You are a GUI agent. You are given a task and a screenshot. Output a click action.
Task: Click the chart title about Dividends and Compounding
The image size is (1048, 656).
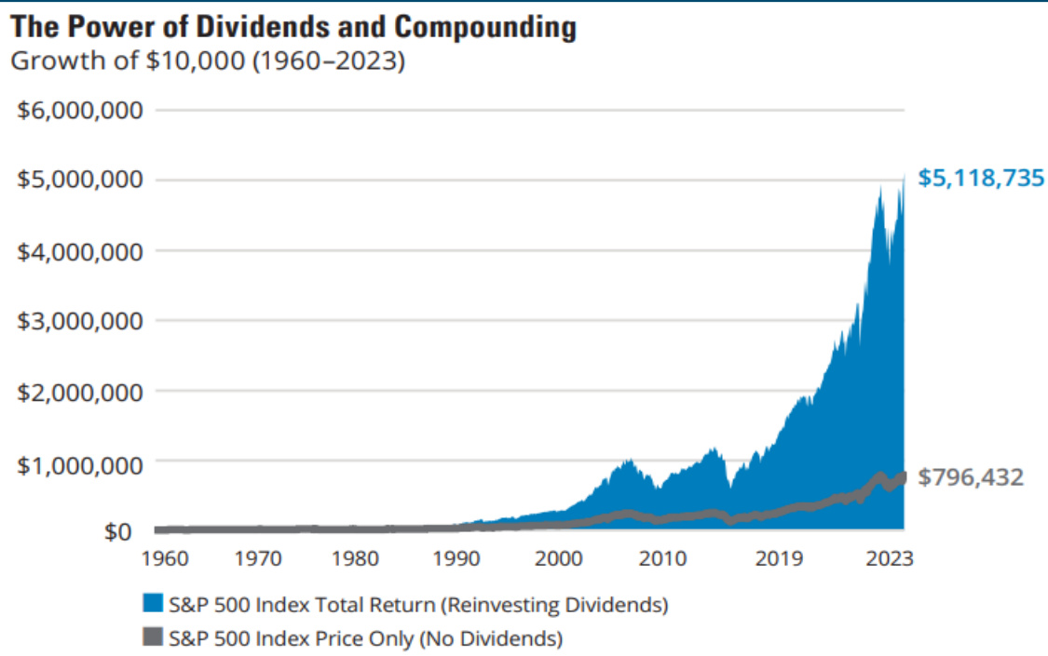(293, 27)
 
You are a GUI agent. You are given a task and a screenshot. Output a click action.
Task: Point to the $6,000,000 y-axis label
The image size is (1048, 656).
(80, 110)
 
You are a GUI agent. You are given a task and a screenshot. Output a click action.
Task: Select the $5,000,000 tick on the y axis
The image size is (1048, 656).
(80, 180)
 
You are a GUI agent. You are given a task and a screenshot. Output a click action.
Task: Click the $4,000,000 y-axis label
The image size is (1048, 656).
(80, 250)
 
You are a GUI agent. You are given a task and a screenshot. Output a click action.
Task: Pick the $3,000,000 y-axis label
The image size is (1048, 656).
(80, 321)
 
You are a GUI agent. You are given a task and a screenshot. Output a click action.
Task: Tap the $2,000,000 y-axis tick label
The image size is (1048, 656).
(80, 392)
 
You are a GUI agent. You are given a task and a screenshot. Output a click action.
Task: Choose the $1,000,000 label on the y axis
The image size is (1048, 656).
(80, 462)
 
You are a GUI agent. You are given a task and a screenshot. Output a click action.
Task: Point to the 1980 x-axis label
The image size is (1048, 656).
(354, 560)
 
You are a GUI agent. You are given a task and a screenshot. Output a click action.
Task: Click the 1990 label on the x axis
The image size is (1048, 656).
(456, 560)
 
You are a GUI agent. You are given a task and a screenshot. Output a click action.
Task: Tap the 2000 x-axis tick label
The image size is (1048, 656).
(558, 560)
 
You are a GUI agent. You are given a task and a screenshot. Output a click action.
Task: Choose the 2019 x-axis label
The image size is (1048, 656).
(780, 560)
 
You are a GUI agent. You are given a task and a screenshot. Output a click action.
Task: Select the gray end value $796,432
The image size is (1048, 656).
(971, 477)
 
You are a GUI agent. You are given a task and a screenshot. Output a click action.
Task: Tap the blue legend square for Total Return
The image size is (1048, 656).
(154, 605)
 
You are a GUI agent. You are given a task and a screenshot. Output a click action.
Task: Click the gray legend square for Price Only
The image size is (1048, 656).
(154, 638)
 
